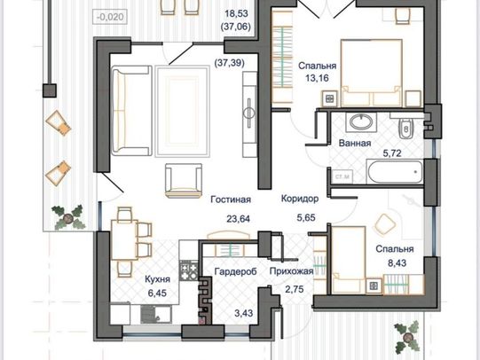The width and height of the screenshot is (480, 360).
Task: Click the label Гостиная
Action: tap(231, 200)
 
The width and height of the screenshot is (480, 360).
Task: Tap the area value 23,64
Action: tap(238, 219)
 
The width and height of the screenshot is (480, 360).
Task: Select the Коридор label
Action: tap(300, 199)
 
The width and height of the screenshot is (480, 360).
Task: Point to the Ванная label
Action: tap(355, 143)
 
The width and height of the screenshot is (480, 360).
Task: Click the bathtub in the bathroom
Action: tap(395, 172)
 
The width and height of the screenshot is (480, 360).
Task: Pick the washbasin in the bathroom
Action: tap(361, 122)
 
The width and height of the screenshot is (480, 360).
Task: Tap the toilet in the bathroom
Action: tap(406, 126)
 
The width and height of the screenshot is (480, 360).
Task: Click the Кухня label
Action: tap(157, 279)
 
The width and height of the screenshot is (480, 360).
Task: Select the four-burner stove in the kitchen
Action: tap(188, 270)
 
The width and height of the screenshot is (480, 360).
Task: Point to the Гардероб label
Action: tap(235, 271)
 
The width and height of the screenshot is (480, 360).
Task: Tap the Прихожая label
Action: tap(291, 271)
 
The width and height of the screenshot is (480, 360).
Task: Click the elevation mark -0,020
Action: tap(110, 17)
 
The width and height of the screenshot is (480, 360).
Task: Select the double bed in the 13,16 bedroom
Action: tap(372, 73)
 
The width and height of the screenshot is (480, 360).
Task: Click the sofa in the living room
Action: tap(131, 111)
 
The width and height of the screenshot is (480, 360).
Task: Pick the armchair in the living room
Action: tap(184, 181)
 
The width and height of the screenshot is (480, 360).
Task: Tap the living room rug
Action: tap(183, 111)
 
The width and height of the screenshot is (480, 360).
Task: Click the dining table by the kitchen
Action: tap(123, 239)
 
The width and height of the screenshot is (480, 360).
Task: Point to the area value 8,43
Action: tap(397, 262)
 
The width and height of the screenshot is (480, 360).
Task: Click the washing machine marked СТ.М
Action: tap(342, 176)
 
